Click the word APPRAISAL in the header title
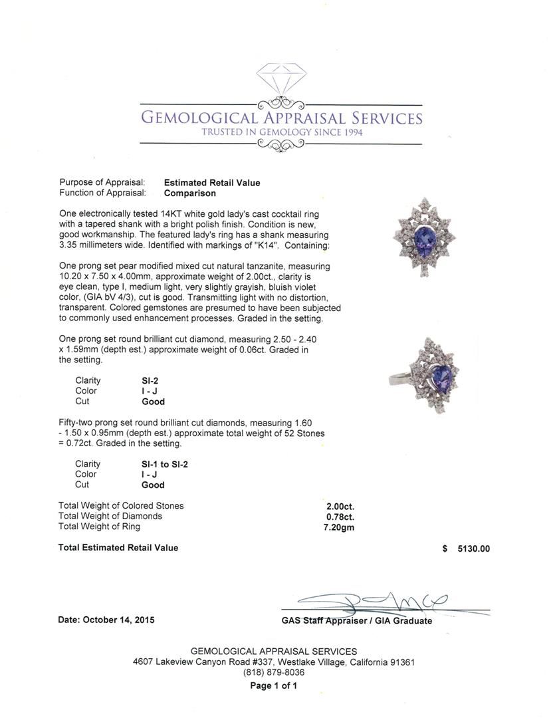click(x=304, y=118)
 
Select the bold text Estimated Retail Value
click(x=212, y=183)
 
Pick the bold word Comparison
click(x=190, y=193)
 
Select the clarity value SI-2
click(x=150, y=381)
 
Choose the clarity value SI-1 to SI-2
click(x=164, y=464)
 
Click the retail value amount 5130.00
click(x=473, y=548)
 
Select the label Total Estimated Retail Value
click(x=118, y=548)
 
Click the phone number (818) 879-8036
click(x=273, y=673)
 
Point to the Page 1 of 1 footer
click(x=273, y=686)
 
